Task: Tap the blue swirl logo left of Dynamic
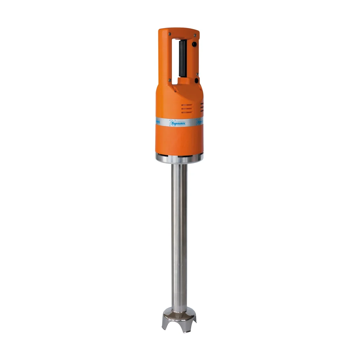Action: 172,123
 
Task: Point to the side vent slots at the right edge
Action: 202,107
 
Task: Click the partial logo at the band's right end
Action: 199,122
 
